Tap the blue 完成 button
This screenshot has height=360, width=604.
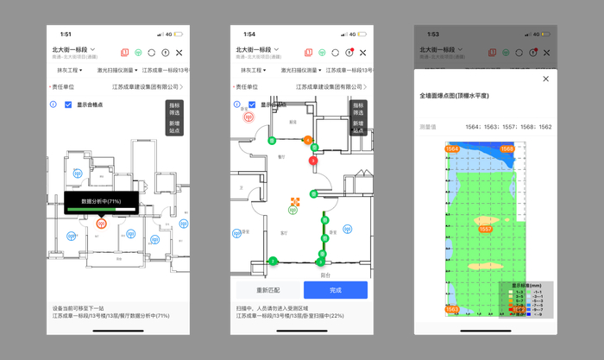coord(335,290)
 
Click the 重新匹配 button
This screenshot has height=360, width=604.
coord(262,290)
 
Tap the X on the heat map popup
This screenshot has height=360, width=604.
coord(545,79)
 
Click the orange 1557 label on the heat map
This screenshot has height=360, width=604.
coord(486,229)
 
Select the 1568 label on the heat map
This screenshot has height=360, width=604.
coord(507,149)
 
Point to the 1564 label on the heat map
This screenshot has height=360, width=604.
coord(452,149)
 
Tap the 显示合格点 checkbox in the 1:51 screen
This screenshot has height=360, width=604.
coord(68,104)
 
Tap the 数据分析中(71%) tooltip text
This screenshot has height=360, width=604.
coord(101,200)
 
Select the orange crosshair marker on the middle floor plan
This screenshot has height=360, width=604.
coord(295,203)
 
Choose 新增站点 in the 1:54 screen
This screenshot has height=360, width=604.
coord(358,126)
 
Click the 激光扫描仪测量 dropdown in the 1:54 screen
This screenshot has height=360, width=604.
coord(291,70)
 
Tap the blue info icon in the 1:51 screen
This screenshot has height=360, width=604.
coord(53,104)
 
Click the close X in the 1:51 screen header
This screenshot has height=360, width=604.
coord(179,53)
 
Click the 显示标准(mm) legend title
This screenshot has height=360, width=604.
coord(526,285)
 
